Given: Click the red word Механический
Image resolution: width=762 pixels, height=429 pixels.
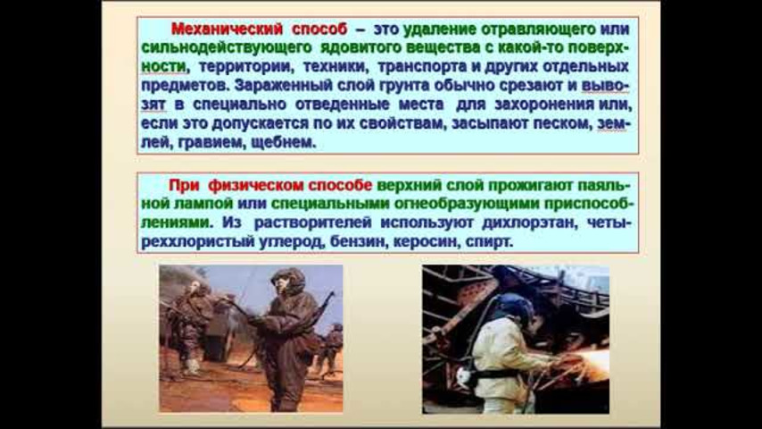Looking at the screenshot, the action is (x=227, y=29).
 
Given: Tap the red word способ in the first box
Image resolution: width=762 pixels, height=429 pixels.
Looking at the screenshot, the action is (x=319, y=29).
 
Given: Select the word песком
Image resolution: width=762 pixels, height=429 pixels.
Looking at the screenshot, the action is (x=563, y=123).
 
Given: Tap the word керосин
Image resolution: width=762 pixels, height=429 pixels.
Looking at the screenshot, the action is (x=426, y=241).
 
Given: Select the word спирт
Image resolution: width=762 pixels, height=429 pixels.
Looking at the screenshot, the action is (x=489, y=242).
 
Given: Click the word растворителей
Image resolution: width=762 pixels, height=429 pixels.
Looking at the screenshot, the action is (x=313, y=223).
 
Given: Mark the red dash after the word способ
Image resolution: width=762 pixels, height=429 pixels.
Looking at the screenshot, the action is (x=360, y=30).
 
